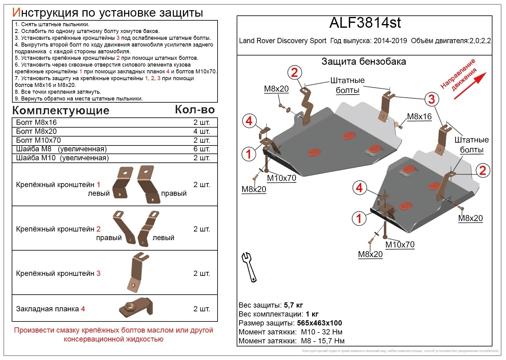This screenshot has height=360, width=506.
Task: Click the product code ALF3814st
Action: tap(365, 23)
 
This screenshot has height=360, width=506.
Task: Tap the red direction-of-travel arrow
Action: tap(470, 86)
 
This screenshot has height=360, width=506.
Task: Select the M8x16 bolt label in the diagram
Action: tap(419, 117)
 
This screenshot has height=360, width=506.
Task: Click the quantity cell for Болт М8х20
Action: tap(202, 131)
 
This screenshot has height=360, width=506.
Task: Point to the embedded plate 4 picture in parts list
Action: tap(136, 307)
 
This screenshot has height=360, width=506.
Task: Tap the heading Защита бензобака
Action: tap(364, 62)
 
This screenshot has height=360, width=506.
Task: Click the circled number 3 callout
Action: tap(431, 99)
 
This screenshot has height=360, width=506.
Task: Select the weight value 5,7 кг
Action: tap(293, 305)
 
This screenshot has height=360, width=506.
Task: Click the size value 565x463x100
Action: tap(319, 323)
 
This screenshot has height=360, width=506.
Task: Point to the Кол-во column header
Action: tap(195, 110)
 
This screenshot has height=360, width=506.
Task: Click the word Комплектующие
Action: tap(61, 110)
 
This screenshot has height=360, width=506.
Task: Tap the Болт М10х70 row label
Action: tap(39, 140)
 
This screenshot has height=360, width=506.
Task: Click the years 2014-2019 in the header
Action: tap(390, 41)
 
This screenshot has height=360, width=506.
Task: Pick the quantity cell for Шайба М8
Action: tap(202, 149)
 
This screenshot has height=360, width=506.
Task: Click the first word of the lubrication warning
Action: tap(31, 330)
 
